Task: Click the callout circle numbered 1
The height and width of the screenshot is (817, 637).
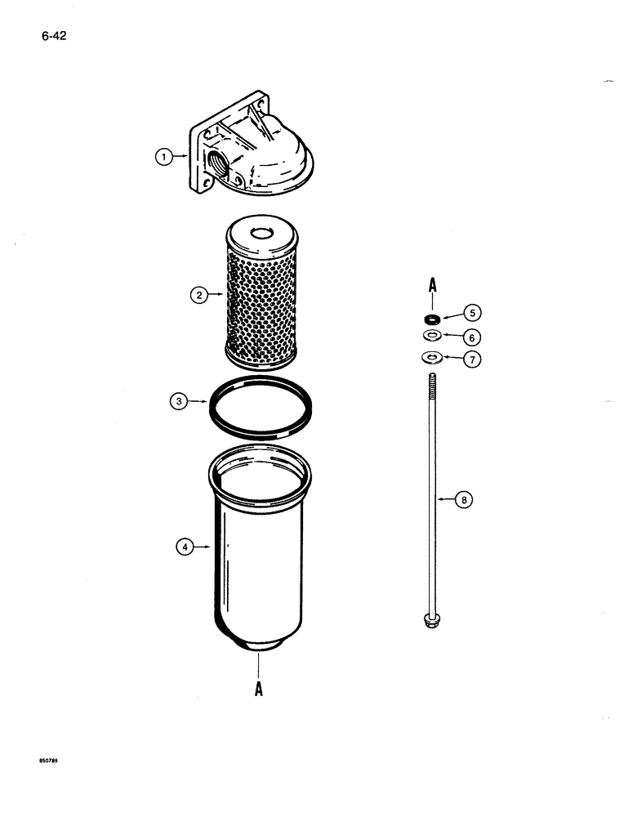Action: [165, 157]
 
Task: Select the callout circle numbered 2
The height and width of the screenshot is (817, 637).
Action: [198, 295]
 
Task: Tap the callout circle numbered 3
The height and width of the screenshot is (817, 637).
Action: [180, 400]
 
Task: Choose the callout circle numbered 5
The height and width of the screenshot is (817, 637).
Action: [472, 311]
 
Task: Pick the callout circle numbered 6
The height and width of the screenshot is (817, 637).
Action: [472, 337]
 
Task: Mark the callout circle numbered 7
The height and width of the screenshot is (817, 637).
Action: [472, 359]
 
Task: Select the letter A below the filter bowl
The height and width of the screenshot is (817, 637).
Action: [258, 689]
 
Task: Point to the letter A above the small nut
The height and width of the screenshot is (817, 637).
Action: [431, 286]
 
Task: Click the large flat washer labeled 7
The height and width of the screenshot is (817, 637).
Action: [430, 357]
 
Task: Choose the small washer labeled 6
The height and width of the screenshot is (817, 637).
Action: [430, 336]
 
